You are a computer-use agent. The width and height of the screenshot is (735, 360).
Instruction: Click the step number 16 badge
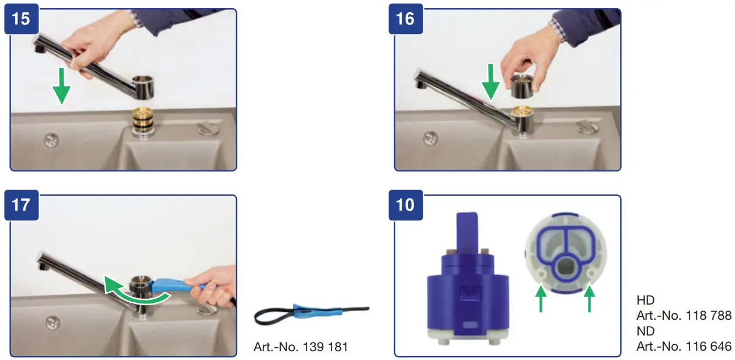coord(405,19)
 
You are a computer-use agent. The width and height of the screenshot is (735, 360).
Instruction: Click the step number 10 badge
coord(405,206)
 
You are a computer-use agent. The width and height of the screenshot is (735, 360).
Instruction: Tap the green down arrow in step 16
coord(491,81)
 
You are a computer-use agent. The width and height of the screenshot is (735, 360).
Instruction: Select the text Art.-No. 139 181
coord(301,347)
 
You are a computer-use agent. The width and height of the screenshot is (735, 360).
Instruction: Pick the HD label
coord(645,300)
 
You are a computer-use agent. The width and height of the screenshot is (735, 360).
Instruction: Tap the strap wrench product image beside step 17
coord(309,316)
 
